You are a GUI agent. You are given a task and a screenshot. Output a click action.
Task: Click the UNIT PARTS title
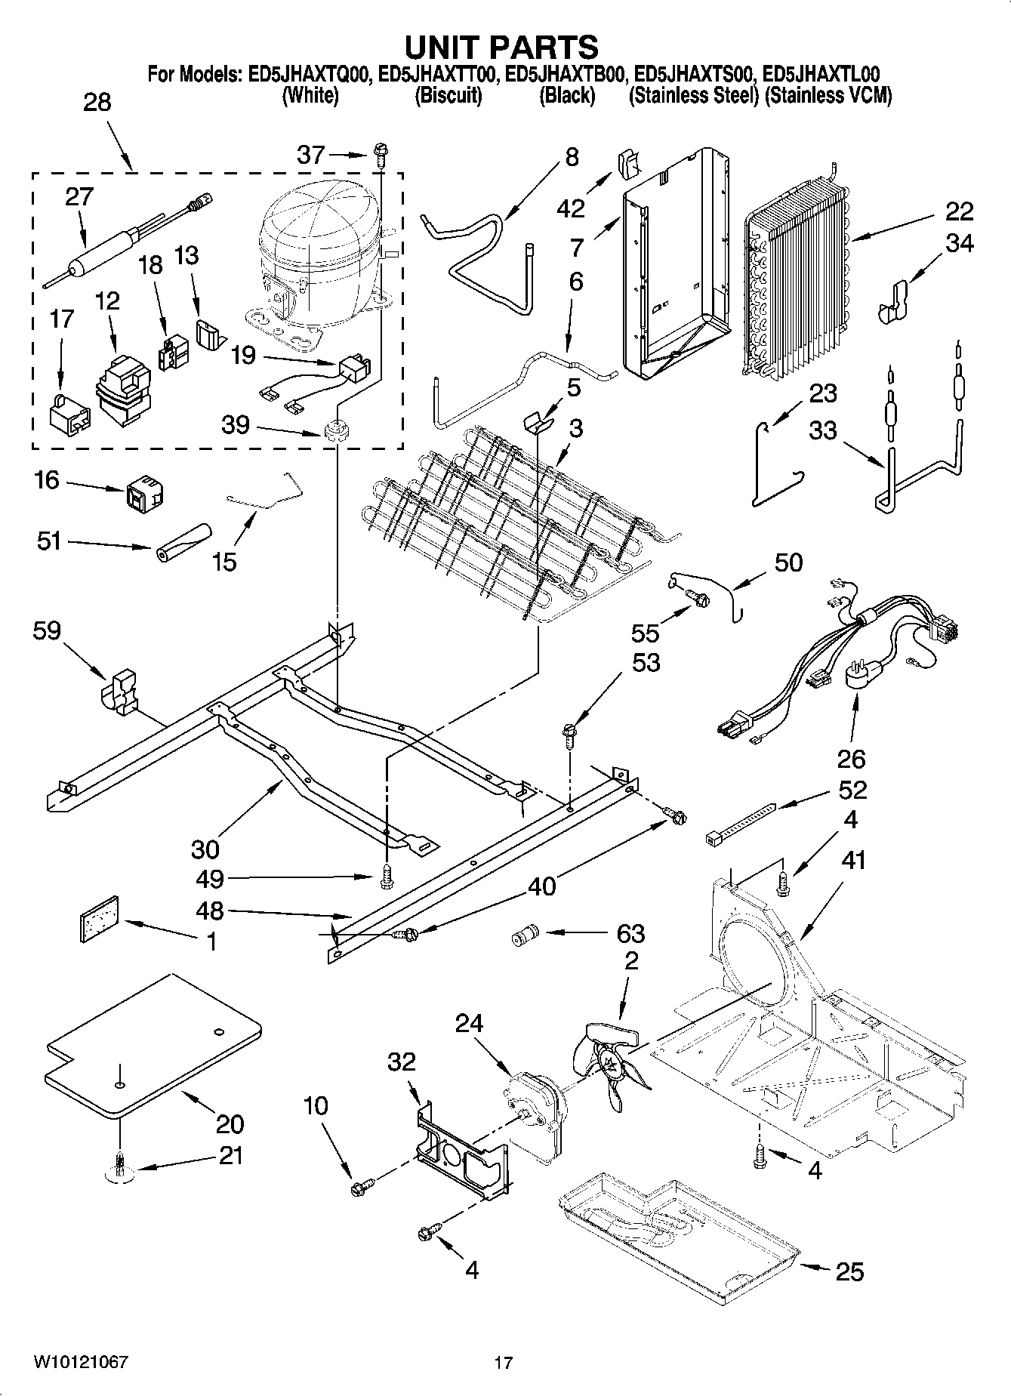pos(502,47)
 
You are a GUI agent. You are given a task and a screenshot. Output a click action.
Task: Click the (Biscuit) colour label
pos(448,96)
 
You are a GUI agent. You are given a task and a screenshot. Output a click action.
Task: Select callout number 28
pos(97,102)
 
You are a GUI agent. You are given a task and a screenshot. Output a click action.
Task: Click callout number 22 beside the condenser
pos(957,211)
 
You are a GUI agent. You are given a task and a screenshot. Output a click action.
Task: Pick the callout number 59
pos(46,630)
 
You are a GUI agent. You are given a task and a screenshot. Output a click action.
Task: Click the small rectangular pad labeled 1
pos(100,919)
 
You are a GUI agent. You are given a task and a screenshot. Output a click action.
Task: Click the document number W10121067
pos(81,1362)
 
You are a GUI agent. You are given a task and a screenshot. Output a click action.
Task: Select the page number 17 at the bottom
pos(504,1363)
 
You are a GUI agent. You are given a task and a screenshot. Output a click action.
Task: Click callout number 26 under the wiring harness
pos(851,759)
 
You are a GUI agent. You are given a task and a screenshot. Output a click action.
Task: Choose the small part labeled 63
pos(523,937)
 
